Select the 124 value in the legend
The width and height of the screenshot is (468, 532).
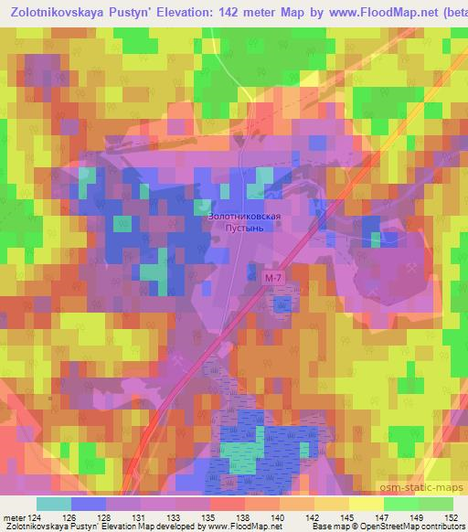(37, 516)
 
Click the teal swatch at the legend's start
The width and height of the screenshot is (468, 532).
(54, 504)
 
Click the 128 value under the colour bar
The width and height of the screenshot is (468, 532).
(106, 516)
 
